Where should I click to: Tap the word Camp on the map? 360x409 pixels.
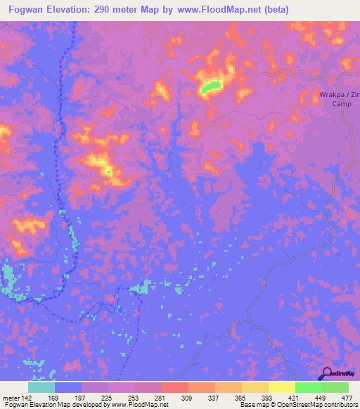(342, 103)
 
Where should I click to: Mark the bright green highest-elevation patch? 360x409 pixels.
(210, 87)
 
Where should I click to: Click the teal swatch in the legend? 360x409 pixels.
(41, 387)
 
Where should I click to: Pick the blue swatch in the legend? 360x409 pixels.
(68, 387)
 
